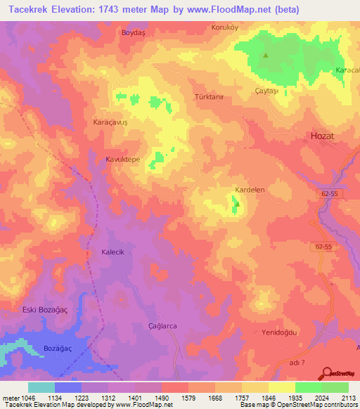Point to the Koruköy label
(x=226, y=27)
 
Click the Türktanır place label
(x=208, y=98)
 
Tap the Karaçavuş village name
(x=110, y=122)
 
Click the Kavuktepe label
(x=122, y=160)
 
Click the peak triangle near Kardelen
(x=237, y=204)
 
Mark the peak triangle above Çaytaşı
(x=266, y=56)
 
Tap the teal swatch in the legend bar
(x=41, y=387)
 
